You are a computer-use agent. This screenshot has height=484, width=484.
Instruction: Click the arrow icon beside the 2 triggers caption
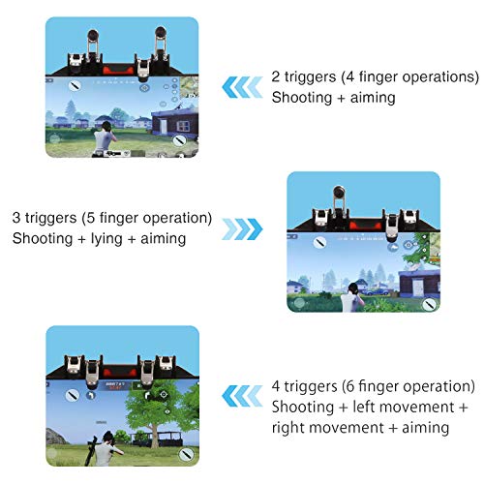point(241,88)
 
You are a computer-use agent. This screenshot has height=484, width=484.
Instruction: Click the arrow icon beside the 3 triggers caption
point(242,228)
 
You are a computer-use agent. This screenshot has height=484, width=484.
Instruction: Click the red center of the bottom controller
point(121,373)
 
